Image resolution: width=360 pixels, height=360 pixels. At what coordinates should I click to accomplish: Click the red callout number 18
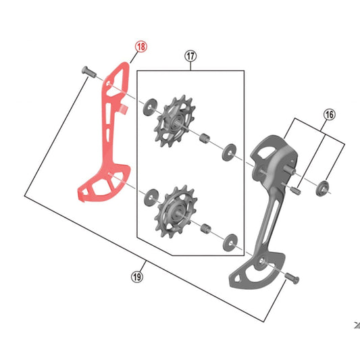(140, 47)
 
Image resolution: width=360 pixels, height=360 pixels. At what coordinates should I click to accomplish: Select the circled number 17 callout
(189, 57)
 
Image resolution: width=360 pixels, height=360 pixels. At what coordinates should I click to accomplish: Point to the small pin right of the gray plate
(294, 190)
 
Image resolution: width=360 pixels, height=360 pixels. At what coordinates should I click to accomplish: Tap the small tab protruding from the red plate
(123, 109)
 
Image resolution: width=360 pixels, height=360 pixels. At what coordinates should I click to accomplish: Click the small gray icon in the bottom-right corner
(356, 325)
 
